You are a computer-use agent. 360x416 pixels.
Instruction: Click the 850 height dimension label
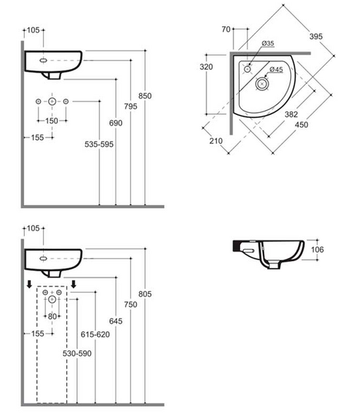[x=145, y=96]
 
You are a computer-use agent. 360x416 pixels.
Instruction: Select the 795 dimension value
[x=131, y=106]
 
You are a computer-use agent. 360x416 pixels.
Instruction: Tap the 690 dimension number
[x=116, y=123]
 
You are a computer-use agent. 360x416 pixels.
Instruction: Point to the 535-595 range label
[x=99, y=144]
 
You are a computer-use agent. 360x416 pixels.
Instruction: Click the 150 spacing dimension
[x=51, y=121]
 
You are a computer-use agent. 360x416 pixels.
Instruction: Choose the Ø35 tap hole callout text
[x=268, y=43]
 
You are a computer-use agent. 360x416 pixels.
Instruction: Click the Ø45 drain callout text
[x=276, y=70]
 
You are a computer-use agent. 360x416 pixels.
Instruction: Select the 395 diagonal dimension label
[x=316, y=37]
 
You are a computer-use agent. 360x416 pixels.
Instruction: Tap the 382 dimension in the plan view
[x=291, y=114]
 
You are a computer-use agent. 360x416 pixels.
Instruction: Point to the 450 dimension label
[x=302, y=124]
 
